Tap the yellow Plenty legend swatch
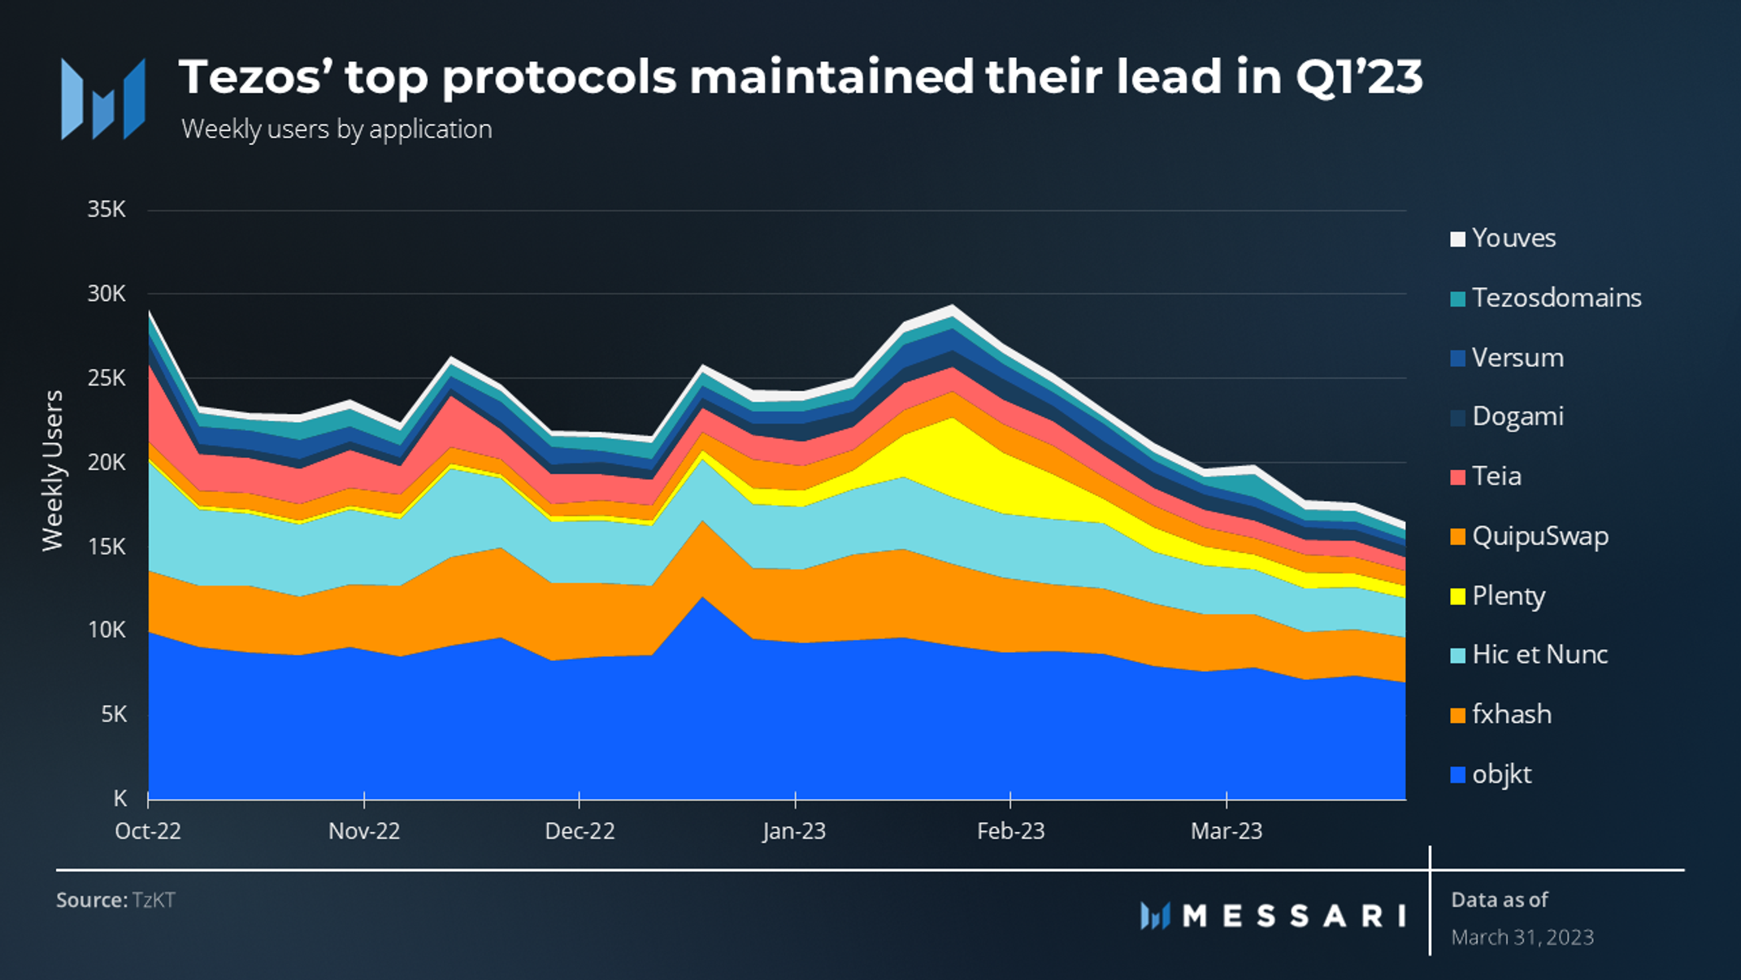(x=1457, y=596)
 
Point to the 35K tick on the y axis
(x=106, y=210)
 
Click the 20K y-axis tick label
(x=106, y=462)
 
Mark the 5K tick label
(x=113, y=714)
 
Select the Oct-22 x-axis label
(x=148, y=831)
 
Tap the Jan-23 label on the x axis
(x=794, y=831)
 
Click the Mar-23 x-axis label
(x=1226, y=831)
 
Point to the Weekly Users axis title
(x=53, y=470)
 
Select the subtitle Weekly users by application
(x=336, y=129)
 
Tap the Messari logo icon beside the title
(x=103, y=99)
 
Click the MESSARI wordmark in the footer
(x=1292, y=917)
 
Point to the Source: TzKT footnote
(x=115, y=900)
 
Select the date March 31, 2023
(x=1522, y=938)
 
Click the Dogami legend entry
(x=1517, y=416)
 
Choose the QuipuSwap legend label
(x=1539, y=537)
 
